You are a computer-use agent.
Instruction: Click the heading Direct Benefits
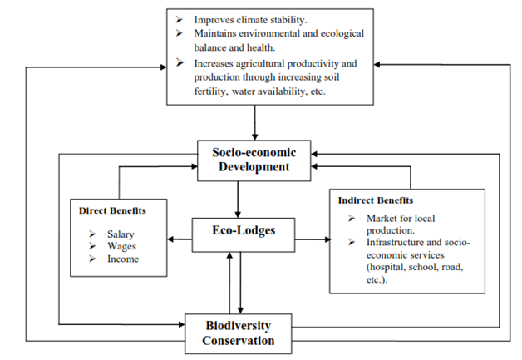pos(112,210)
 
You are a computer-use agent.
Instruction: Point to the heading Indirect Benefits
pos(375,200)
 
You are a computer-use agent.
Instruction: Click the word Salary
pos(121,234)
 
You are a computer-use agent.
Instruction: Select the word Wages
pos(121,247)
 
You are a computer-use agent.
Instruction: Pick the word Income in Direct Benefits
pos(123,259)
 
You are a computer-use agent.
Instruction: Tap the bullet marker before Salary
pos(92,234)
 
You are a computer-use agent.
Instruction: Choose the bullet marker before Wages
pos(92,247)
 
